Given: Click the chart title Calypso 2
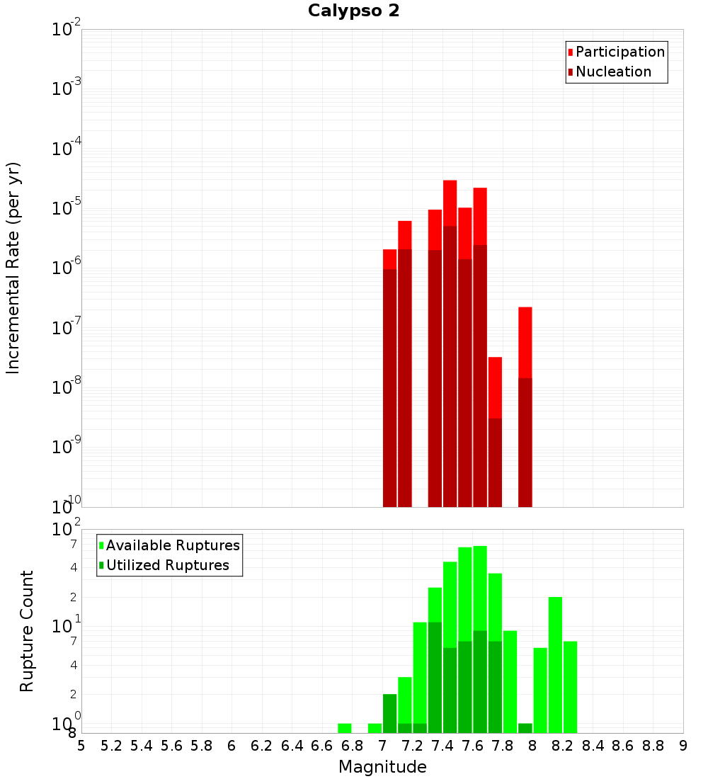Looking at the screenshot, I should pyautogui.click(x=353, y=11).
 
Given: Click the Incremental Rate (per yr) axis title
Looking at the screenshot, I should pyautogui.click(x=13, y=268).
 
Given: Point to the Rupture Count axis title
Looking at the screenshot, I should pyautogui.click(x=27, y=631).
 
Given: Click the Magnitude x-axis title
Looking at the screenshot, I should pyautogui.click(x=382, y=767).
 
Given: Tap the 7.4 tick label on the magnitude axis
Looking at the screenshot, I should pyautogui.click(x=442, y=746).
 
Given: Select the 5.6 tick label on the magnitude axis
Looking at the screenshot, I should pyautogui.click(x=172, y=746).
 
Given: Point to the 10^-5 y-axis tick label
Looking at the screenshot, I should pyautogui.click(x=67, y=208).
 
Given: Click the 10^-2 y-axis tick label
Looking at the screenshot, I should pyautogui.click(x=67, y=30).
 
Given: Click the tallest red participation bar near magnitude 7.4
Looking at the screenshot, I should pyautogui.click(x=450, y=202).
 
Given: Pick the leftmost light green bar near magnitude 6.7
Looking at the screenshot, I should pyautogui.click(x=345, y=728).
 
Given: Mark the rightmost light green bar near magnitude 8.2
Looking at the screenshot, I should pyautogui.click(x=570, y=686).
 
